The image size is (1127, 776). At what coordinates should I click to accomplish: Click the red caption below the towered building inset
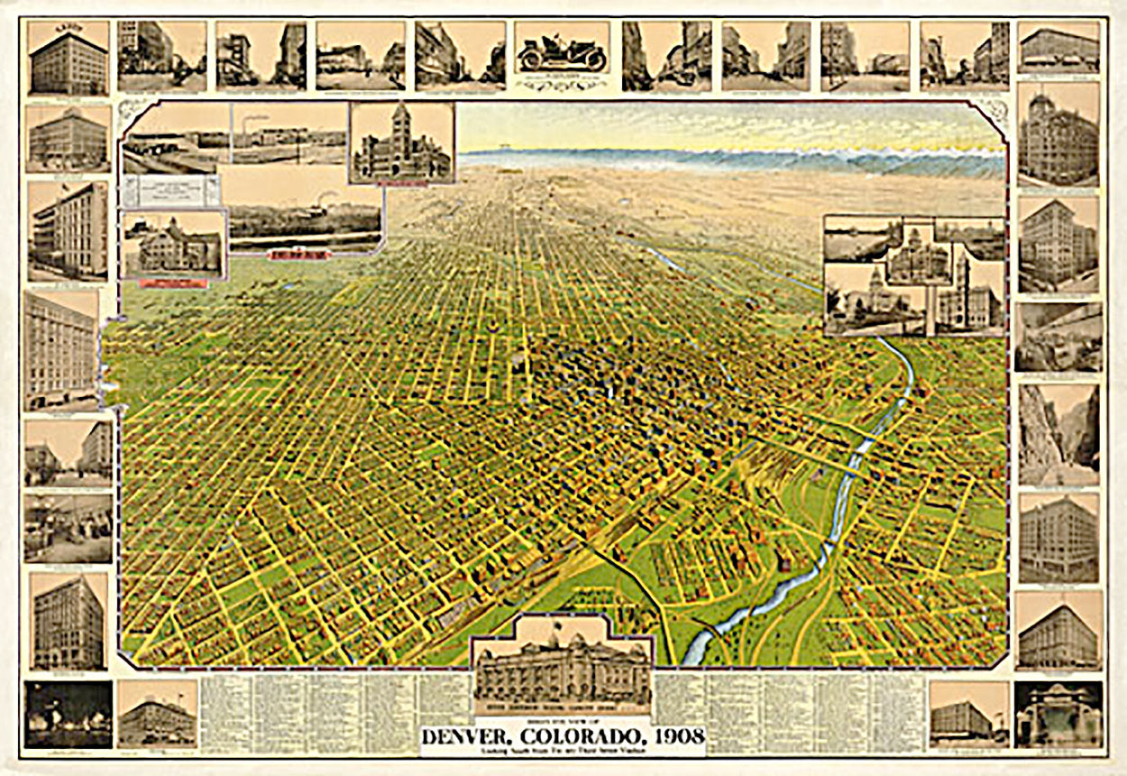coord(402,183)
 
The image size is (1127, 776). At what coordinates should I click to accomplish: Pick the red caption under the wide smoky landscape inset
coord(299,255)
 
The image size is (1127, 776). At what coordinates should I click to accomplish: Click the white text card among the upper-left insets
coord(171,190)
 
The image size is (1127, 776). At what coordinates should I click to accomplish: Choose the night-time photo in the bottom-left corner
coord(68,715)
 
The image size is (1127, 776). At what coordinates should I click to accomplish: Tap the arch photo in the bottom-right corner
coord(1058,715)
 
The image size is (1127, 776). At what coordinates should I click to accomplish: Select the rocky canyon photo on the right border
coord(1058,433)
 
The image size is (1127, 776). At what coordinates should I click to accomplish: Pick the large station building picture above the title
coord(562,668)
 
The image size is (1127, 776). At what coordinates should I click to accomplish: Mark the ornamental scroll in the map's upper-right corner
coord(993,113)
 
